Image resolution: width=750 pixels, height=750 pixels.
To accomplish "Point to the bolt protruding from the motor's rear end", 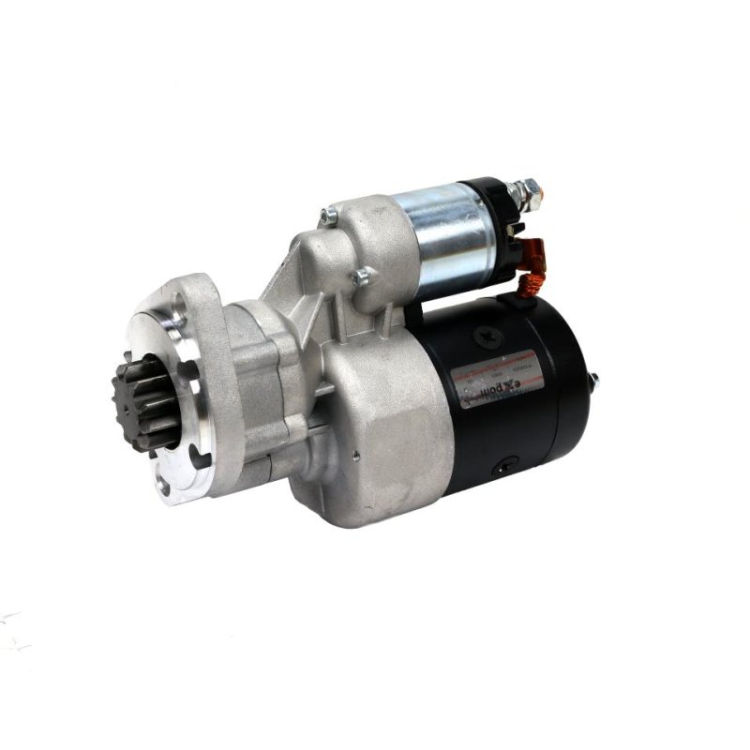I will [x=592, y=379].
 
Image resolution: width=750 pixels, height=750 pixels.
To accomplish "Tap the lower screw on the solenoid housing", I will [x=361, y=276].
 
